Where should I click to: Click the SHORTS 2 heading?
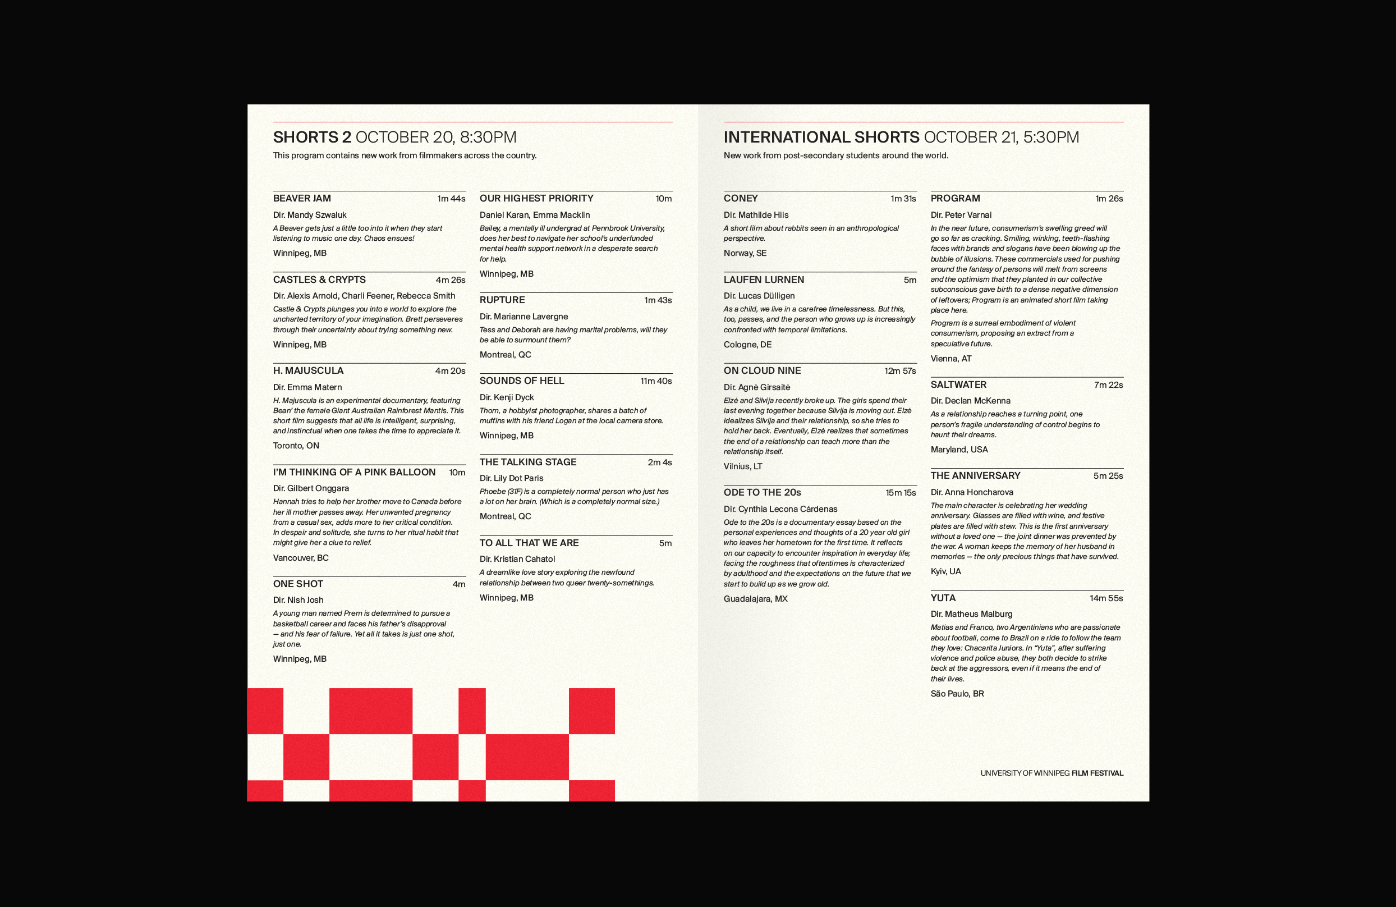[x=312, y=138]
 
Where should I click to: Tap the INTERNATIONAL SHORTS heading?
[x=821, y=138]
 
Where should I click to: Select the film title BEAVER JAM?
[x=301, y=198]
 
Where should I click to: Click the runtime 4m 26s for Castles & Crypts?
[x=450, y=280]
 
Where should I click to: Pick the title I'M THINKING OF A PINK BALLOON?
[x=354, y=472]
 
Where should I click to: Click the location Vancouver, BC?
[x=300, y=558]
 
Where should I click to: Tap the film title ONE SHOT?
[x=298, y=584]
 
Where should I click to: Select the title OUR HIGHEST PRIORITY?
[x=536, y=198]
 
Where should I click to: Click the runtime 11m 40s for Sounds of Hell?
[x=656, y=381]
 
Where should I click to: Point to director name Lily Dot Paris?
[x=518, y=478]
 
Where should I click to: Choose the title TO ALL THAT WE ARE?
[x=529, y=543]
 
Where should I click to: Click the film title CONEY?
[x=740, y=198]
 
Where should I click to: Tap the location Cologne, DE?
[x=747, y=345]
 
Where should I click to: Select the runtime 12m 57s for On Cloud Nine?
[x=900, y=371]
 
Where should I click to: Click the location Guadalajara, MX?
[x=755, y=599]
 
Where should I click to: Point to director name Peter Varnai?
[x=967, y=215]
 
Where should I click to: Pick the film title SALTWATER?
[x=958, y=385]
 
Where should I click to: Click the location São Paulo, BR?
[x=957, y=694]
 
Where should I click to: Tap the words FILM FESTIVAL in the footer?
[x=1097, y=773]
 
